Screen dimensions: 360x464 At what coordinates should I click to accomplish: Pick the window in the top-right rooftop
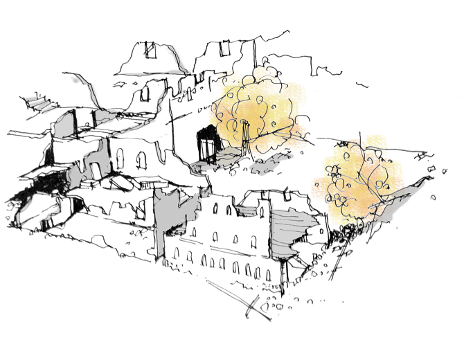(x=224, y=48)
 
